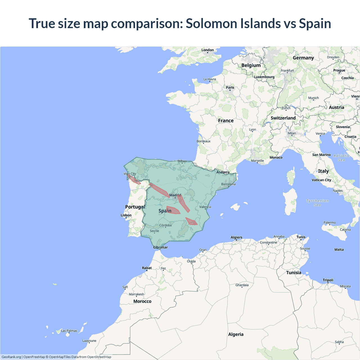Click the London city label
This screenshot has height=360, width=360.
coord(208,50)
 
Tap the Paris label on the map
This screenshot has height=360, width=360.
coord(230,87)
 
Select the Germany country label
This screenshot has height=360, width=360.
coord(303,58)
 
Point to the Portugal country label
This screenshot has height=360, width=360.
coord(135,207)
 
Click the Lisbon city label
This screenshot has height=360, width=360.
coord(126,215)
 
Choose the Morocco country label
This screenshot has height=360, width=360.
coord(142,301)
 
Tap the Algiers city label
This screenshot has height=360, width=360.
coord(236,237)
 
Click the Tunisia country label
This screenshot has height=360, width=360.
coord(294,273)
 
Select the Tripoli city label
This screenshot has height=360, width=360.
coord(328,280)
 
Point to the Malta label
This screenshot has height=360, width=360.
coord(339,249)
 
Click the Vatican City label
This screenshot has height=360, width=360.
coord(321,180)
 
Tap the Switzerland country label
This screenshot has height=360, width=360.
coord(283,118)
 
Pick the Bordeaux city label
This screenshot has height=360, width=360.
coord(203,141)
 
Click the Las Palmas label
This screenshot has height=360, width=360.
coord(69,331)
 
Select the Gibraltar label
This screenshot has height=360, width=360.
coord(160,247)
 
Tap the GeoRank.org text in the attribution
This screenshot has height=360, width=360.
coord(11,357)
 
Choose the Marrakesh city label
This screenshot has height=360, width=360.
coord(136,294)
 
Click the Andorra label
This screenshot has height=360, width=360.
coord(223,172)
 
